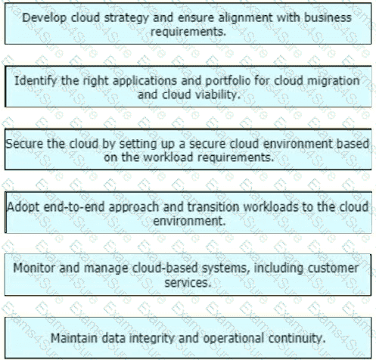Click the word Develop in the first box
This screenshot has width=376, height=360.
[45, 18]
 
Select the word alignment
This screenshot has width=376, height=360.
[246, 18]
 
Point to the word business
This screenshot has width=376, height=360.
[328, 17]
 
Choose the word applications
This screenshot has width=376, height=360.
[144, 82]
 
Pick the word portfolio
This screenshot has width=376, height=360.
[228, 81]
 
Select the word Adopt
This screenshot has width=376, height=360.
[23, 207]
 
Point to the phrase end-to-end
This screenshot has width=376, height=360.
[74, 207]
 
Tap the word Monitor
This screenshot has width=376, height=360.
[34, 268]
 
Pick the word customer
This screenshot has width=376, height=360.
[333, 268]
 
